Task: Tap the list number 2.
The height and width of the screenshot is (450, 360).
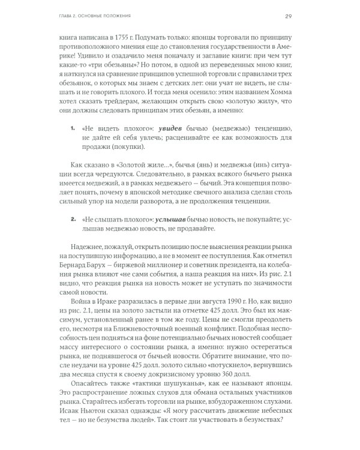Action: coord(73,221)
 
